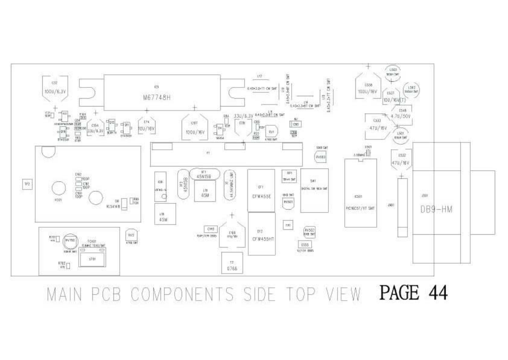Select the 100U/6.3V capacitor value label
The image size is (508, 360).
(55, 92)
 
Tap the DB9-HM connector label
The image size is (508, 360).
(436, 209)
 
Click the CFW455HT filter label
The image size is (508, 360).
(262, 239)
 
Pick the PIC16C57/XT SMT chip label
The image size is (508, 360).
(360, 208)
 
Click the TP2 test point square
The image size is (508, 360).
(27, 184)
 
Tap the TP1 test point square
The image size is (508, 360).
(288, 225)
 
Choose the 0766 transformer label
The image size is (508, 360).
(232, 270)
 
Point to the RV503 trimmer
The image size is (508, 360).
(321, 157)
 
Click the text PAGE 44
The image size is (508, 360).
(413, 293)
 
